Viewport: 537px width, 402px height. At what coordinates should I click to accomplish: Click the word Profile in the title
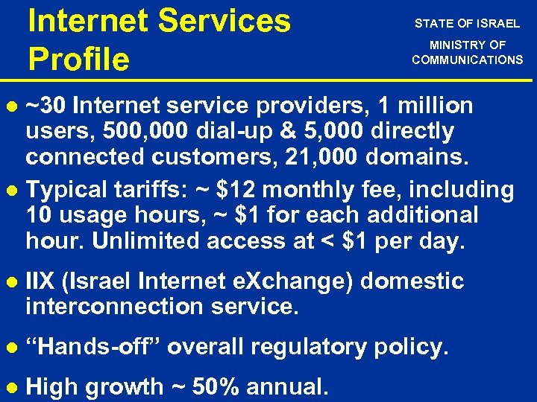coord(78,58)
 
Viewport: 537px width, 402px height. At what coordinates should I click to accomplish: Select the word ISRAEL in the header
coord(497,24)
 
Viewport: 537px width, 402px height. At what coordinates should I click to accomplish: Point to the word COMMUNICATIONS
coord(468,60)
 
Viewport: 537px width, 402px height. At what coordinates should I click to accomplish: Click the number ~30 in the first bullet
coord(47,106)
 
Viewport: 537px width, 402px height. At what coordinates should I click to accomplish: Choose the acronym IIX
coord(40,281)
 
